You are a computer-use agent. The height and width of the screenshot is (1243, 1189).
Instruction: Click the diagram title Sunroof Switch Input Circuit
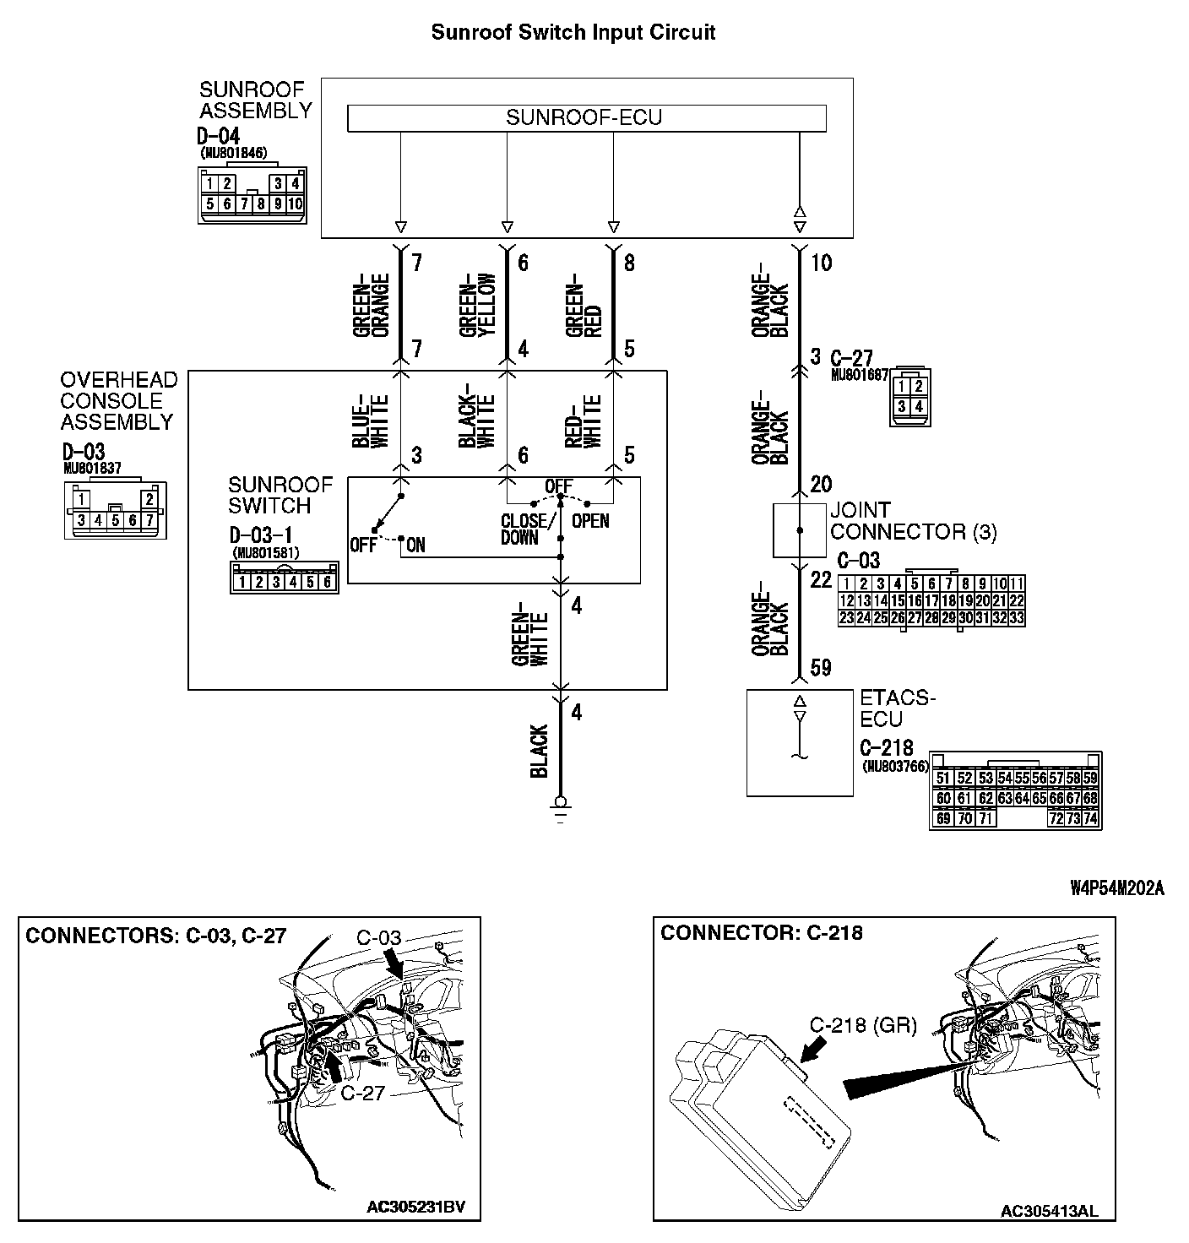click(x=573, y=33)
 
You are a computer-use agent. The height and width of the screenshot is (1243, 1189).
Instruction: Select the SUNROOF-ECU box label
click(x=584, y=117)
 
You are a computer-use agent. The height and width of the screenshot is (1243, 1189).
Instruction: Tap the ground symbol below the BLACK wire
click(x=559, y=806)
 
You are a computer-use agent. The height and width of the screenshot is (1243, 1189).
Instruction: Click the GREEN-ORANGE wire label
click(x=370, y=306)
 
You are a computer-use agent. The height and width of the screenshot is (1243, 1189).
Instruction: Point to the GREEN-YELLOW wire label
click(x=477, y=306)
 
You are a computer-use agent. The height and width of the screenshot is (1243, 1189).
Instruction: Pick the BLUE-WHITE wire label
click(x=370, y=421)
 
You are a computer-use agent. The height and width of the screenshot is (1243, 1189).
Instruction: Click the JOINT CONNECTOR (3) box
click(x=800, y=530)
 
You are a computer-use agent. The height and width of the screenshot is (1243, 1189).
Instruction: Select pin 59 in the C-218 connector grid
click(x=1090, y=779)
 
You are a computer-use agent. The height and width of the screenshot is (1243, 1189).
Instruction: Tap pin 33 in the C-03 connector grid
click(x=1017, y=618)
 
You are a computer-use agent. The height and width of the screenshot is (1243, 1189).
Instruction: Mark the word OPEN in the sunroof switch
click(x=590, y=521)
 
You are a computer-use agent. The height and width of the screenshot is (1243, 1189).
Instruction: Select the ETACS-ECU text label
click(x=897, y=709)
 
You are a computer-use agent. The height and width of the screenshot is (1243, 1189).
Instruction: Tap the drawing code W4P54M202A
click(x=1116, y=887)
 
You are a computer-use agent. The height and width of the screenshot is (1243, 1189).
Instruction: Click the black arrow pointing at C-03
click(x=394, y=963)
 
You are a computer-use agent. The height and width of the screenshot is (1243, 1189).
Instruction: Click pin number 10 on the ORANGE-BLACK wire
click(x=821, y=263)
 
